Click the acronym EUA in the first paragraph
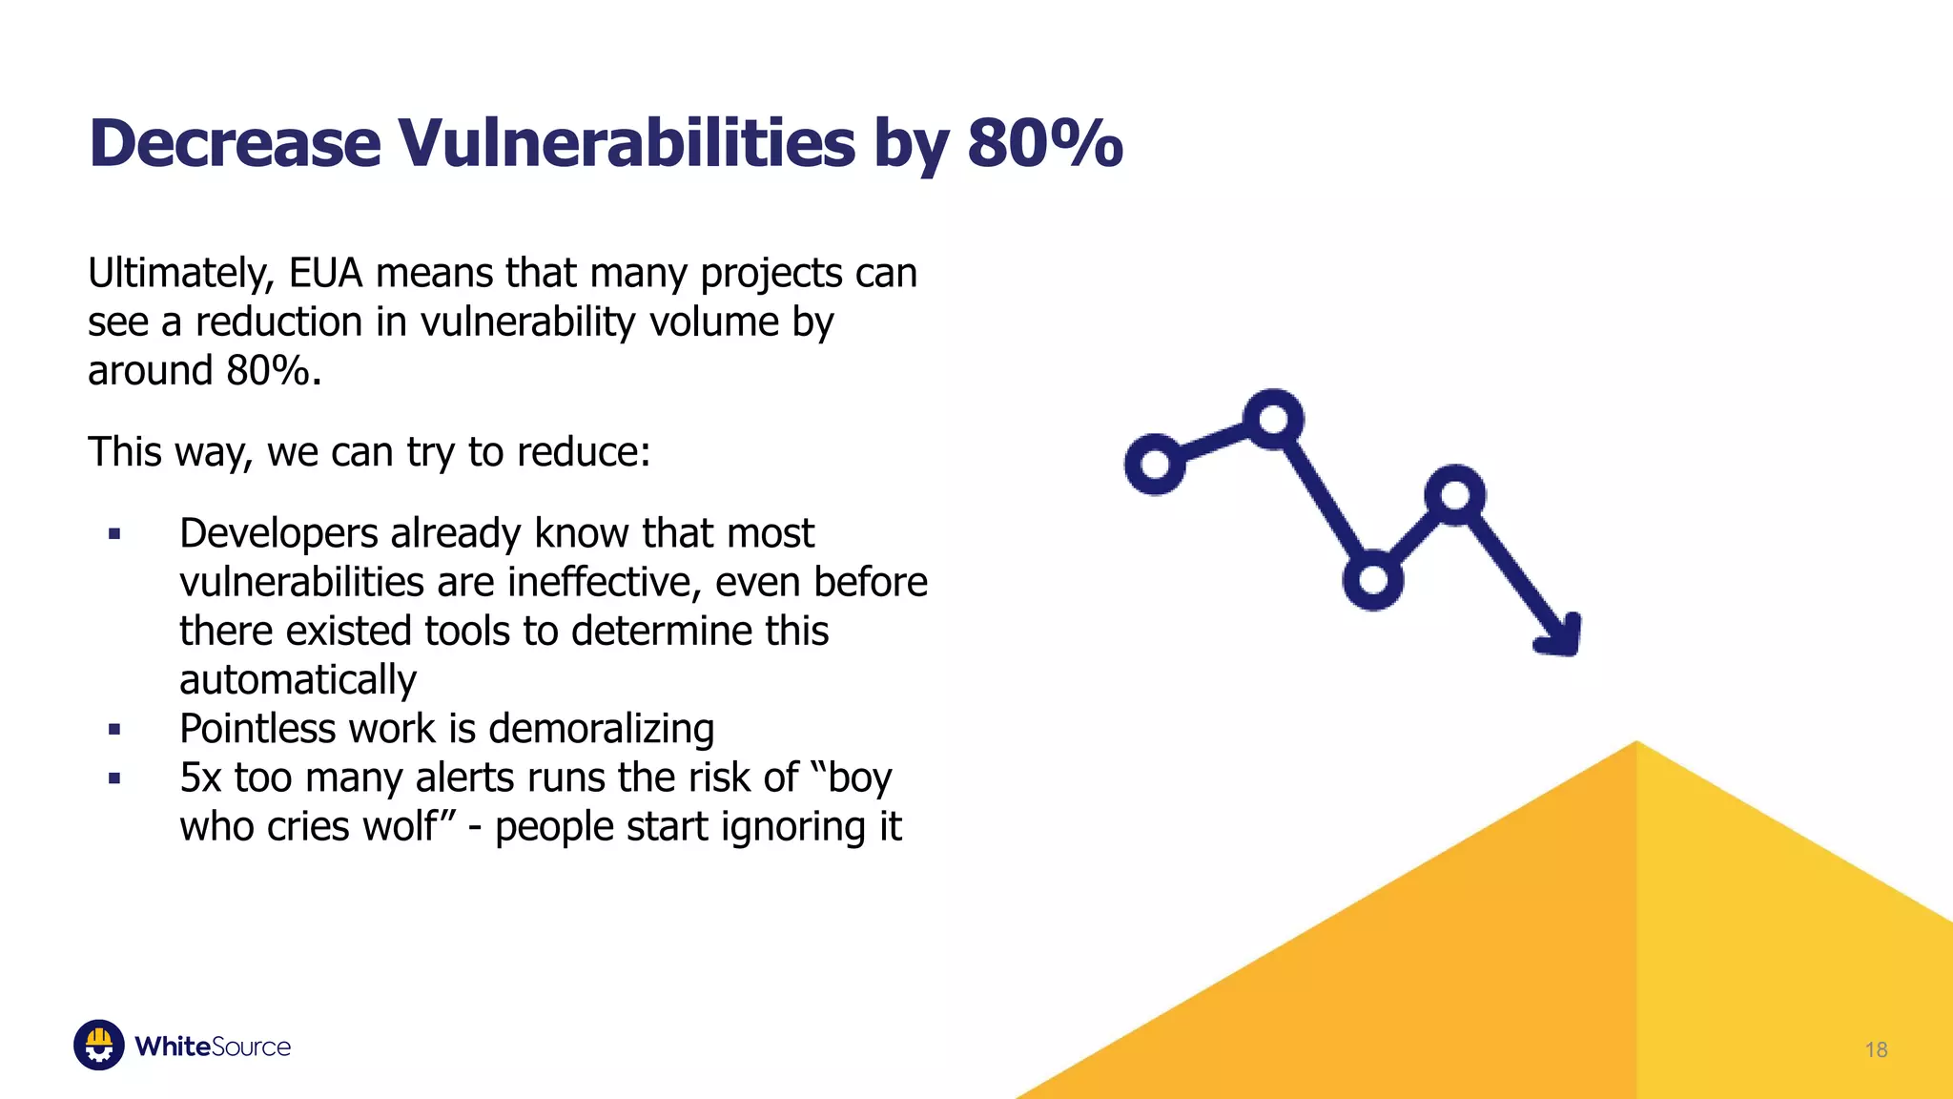(326, 274)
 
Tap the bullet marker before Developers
(114, 534)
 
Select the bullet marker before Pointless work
(114, 730)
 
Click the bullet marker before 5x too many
(114, 778)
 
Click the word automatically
(298, 681)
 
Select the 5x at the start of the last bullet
(200, 778)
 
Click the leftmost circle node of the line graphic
(1155, 465)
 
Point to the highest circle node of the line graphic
(1274, 419)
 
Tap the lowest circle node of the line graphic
(1372, 579)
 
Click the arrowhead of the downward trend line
(1560, 637)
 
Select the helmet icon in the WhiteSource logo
(99, 1046)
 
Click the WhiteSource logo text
(213, 1047)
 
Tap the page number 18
(1876, 1050)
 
